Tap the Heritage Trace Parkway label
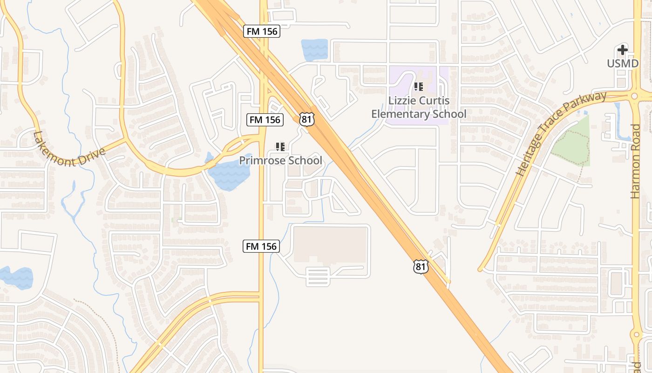pos(561,133)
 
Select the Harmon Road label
pos(635,161)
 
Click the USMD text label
pos(623,63)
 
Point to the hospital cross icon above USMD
pos(623,50)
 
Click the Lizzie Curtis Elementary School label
pos(419,108)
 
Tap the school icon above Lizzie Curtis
pos(419,87)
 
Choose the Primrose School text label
pos(280,161)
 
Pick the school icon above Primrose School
pos(280,147)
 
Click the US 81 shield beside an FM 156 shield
pos(306,119)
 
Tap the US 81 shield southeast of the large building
pos(421,266)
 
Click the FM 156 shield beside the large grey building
pos(261,246)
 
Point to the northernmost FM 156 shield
pos(261,32)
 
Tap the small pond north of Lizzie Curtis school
pos(315,49)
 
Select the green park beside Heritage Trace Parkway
pos(572,145)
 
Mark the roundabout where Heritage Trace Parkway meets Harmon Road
pos(634,96)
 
